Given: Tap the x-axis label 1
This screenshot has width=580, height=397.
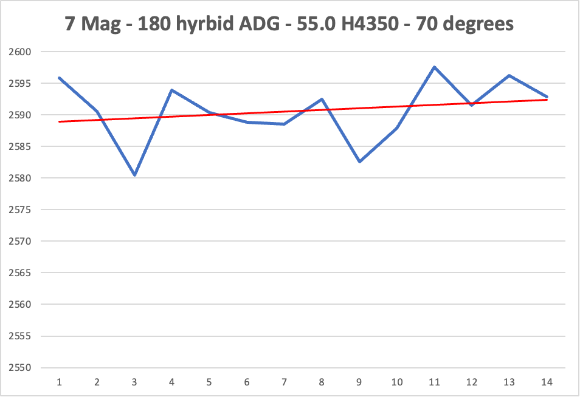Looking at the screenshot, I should (x=60, y=382).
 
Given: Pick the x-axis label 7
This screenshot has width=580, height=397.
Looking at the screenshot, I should (x=285, y=382).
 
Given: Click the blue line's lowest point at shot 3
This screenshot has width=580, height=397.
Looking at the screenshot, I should (x=134, y=175).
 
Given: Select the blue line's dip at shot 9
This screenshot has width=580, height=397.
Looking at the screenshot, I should (x=359, y=161).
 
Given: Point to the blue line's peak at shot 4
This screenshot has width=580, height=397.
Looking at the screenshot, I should (x=172, y=90).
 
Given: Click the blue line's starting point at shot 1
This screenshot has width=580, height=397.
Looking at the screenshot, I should (x=60, y=78).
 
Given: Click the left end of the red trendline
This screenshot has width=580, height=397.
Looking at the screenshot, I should (x=60, y=121).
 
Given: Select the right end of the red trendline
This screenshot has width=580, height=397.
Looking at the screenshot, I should (x=547, y=100).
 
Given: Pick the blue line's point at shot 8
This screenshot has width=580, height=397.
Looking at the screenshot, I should (x=322, y=99).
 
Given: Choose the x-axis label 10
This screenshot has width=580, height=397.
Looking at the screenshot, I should (x=397, y=382).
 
